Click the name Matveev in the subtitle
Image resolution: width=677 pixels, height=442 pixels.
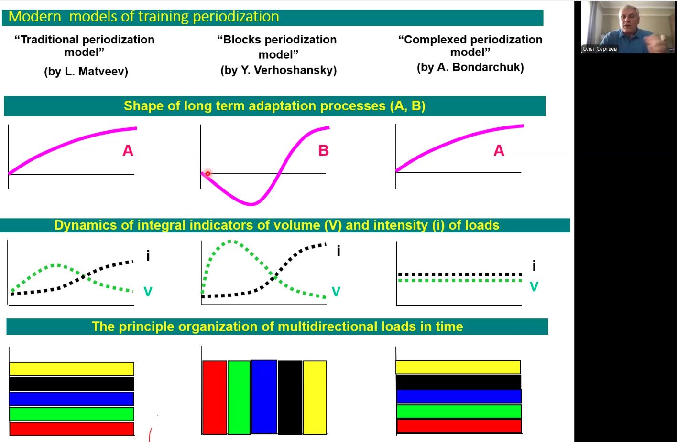pos(103,71)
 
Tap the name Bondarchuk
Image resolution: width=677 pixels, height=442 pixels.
pos(488,67)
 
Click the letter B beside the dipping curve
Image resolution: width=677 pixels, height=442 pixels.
pos(323,150)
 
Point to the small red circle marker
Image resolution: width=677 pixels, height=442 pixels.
pos(207,173)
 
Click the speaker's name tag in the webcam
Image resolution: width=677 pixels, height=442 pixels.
pos(600,49)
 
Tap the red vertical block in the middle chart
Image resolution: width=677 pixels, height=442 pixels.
pos(215,397)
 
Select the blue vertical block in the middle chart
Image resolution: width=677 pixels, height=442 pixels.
pos(264,397)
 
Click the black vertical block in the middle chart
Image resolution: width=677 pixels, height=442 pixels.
pos(290,397)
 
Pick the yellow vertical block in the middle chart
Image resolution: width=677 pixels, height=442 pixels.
pos(315,397)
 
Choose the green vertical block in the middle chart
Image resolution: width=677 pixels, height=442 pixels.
pos(239,397)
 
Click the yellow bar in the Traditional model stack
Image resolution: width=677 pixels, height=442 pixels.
pos(72,368)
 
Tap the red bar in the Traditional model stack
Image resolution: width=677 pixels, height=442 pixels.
pos(72,429)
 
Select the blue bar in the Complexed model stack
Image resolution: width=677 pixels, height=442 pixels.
pos(459,397)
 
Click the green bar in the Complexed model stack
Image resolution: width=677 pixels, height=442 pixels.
pos(459,411)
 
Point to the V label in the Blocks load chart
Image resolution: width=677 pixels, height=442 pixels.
pos(336,292)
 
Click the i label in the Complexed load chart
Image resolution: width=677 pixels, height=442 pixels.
pos(534,265)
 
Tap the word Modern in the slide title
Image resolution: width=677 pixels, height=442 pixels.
pos(35,17)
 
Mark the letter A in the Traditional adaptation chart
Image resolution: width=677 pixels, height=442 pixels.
pos(128,150)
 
